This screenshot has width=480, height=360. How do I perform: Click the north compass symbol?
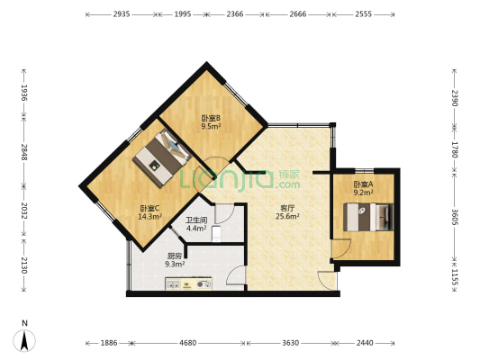pos(24,340)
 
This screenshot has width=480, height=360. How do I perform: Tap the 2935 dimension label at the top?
pos(122,14)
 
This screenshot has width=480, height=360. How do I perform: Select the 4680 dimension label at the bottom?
pos(187,343)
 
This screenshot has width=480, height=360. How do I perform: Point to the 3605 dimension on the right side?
pos(454,217)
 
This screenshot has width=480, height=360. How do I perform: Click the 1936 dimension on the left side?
pos(24,93)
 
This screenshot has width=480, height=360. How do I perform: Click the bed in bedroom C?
pos(162,157)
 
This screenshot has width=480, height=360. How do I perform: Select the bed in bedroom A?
pos(367,217)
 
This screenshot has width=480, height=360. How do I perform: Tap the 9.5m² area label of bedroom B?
pos(212,126)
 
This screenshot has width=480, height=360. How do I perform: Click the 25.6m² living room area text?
pos(287,217)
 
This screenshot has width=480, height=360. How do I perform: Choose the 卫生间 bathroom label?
pos(196,220)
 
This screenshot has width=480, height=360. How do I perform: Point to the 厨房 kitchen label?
pos(175,256)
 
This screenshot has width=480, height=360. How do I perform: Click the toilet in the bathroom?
pos(216,233)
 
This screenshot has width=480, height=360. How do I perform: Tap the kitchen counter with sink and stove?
pos(188,283)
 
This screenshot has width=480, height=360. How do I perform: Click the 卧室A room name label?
pos(363,184)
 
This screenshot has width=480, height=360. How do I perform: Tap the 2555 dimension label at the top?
pos(363,14)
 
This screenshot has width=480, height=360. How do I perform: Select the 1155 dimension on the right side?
pos(454,277)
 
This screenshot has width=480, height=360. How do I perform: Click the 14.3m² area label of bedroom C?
pos(150,217)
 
